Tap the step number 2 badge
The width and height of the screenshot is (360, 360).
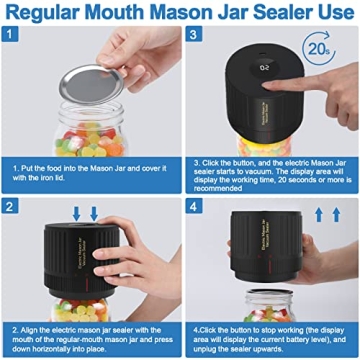pyautogui.click(x=14, y=207)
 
